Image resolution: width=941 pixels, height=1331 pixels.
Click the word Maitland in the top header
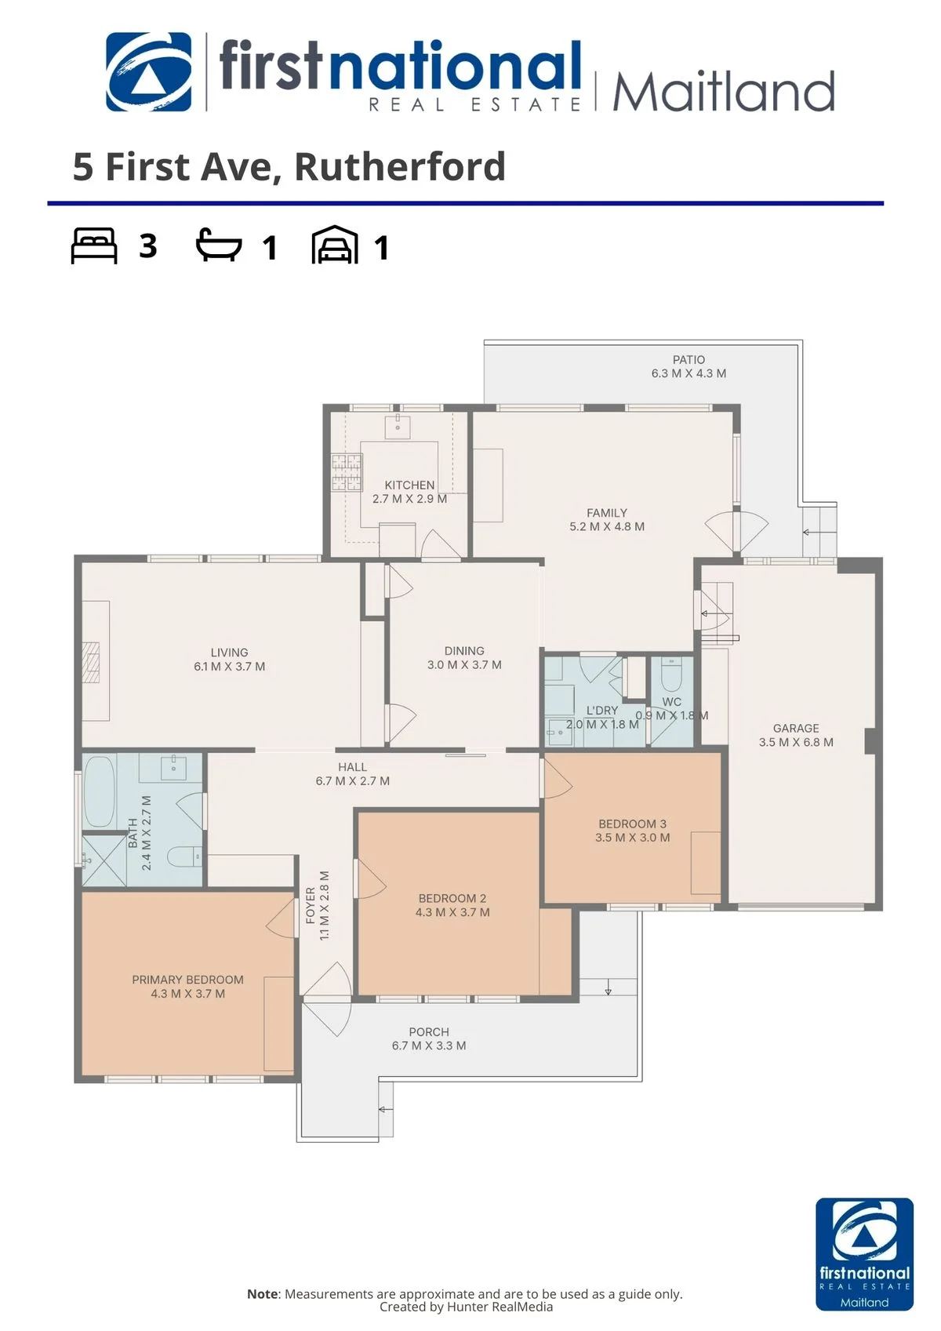[723, 91]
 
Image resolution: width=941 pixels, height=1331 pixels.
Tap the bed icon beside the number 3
[94, 245]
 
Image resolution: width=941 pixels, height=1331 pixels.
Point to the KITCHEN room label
[409, 485]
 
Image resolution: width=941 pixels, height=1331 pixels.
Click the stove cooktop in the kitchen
[347, 472]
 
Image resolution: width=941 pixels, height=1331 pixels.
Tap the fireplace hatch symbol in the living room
[92, 661]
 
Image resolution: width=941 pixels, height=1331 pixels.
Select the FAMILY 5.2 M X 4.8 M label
[606, 519]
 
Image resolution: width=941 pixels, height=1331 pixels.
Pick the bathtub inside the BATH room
[99, 791]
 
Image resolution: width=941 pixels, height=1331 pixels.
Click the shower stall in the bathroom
[104, 860]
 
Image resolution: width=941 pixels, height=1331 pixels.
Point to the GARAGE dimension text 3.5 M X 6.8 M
[796, 742]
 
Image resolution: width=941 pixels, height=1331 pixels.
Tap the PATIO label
[688, 359]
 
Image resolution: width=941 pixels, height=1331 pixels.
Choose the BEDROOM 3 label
[632, 824]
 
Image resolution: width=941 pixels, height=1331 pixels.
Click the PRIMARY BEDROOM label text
[187, 980]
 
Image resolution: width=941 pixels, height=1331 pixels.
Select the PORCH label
[428, 1032]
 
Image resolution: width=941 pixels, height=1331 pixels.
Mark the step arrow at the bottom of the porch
[386, 1109]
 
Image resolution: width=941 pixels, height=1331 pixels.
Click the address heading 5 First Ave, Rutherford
[289, 166]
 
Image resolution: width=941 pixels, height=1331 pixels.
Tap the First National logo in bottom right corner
[864, 1254]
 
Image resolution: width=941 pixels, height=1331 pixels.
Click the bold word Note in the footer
[263, 1293]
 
